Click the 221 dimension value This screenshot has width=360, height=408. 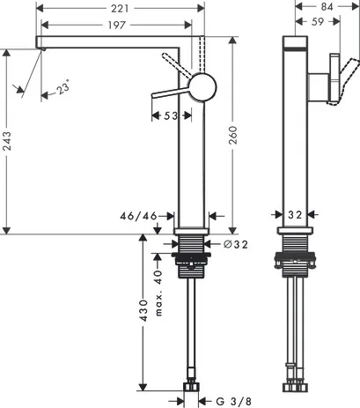click(x=120, y=8)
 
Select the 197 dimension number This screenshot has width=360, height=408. click(x=116, y=26)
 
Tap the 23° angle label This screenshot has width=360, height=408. click(x=62, y=87)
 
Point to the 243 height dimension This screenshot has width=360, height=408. click(x=6, y=141)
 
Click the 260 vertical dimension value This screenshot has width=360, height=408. click(x=232, y=135)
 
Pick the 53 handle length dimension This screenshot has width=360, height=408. click(x=171, y=115)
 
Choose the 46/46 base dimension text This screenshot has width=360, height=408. click(x=138, y=216)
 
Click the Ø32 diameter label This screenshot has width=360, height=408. click(x=236, y=244)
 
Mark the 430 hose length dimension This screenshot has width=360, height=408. click(x=143, y=310)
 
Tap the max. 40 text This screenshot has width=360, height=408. click(x=158, y=293)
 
